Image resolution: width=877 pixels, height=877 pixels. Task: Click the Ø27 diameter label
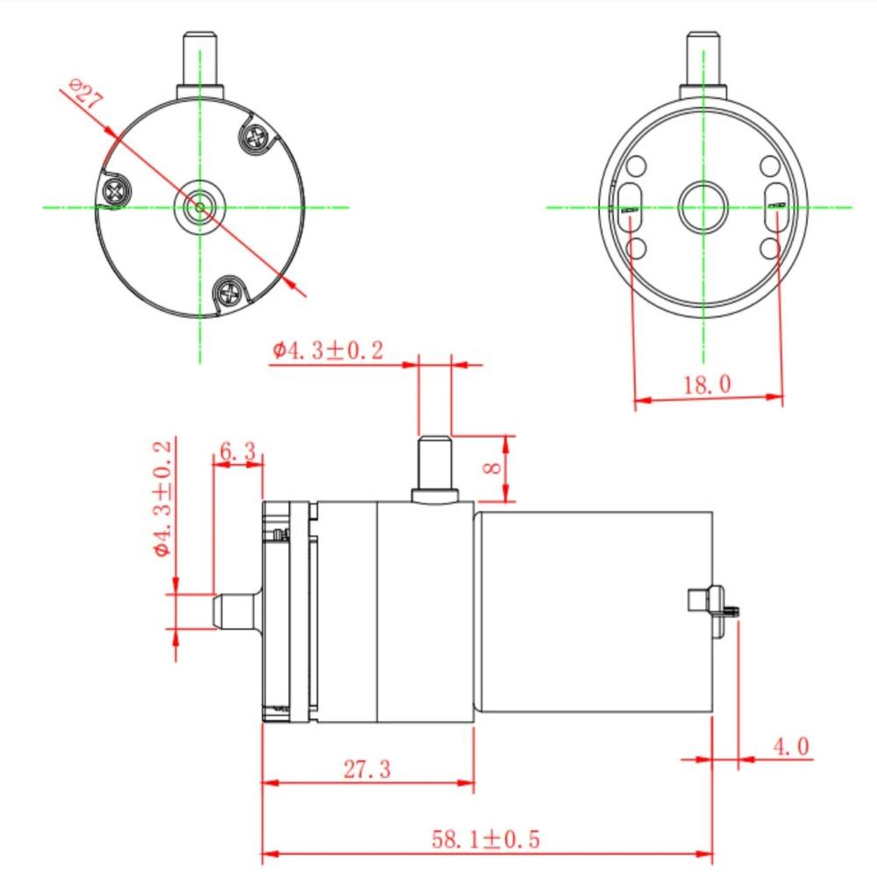click(x=85, y=93)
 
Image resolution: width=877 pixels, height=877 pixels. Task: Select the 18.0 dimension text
click(x=708, y=384)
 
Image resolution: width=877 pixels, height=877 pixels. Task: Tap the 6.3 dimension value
click(x=238, y=452)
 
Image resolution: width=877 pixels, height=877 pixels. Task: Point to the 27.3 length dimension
click(x=367, y=769)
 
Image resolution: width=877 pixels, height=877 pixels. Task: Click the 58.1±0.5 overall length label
click(x=485, y=839)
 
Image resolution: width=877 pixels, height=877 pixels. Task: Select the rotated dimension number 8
click(x=494, y=468)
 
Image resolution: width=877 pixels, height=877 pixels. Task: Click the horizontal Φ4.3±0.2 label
click(x=327, y=351)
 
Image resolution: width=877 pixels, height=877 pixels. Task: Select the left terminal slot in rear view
click(x=630, y=208)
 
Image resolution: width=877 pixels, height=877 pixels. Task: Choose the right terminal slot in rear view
click(x=776, y=207)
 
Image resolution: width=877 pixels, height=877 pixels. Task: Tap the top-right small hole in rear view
click(x=769, y=167)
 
